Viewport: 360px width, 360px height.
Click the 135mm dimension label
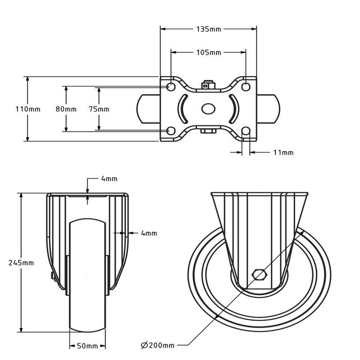pyautogui.click(x=209, y=29)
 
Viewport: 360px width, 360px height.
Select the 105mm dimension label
pyautogui.click(x=209, y=52)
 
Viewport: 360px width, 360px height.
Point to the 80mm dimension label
pyautogui.click(x=66, y=109)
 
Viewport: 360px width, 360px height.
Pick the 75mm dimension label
pyautogui.click(x=99, y=109)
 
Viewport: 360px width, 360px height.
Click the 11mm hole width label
pyautogui.click(x=282, y=153)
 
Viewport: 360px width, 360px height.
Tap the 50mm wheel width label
pyautogui.click(x=87, y=345)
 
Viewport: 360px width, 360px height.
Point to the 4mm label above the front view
pyautogui.click(x=109, y=179)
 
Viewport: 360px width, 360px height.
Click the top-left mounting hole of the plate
pyautogui.click(x=171, y=86)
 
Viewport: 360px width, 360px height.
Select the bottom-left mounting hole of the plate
pyautogui.click(x=171, y=131)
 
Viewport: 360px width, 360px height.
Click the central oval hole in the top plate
pyautogui.click(x=208, y=109)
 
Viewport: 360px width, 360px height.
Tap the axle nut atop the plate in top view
pyautogui.click(x=208, y=85)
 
